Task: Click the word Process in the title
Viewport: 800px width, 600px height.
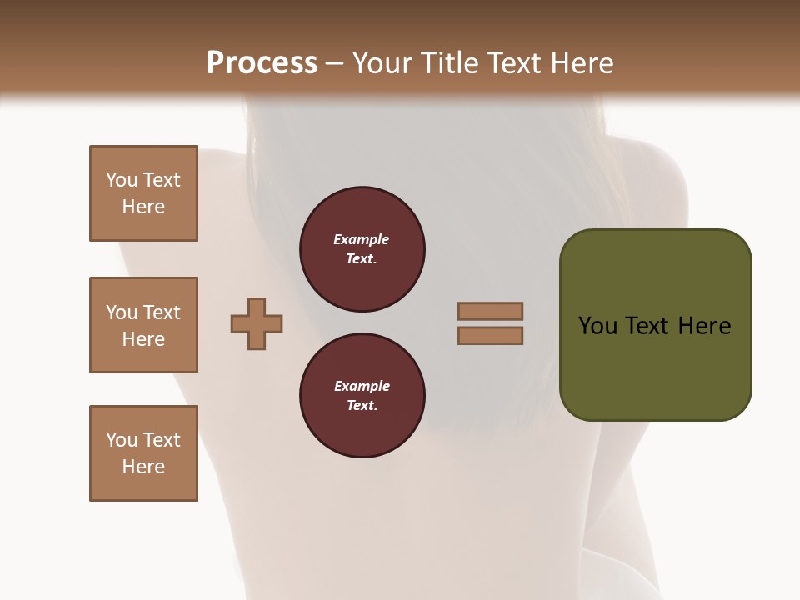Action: (262, 63)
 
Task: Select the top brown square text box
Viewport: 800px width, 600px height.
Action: (143, 193)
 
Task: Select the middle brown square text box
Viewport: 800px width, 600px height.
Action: (143, 325)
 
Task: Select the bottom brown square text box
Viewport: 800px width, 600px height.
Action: (143, 453)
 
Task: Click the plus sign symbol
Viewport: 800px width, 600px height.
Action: (257, 323)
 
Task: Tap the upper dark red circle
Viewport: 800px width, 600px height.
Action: (362, 249)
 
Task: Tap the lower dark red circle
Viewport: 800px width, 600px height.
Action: (362, 396)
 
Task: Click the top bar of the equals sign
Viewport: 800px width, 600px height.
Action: (490, 311)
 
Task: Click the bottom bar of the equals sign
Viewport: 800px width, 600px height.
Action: (490, 335)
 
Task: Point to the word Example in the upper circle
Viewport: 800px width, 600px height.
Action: (362, 239)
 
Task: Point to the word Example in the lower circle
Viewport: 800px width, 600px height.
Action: (362, 386)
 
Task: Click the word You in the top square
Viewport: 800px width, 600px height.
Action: (121, 180)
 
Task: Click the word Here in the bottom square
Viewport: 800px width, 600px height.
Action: (143, 467)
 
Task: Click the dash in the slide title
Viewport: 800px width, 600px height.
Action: (335, 63)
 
